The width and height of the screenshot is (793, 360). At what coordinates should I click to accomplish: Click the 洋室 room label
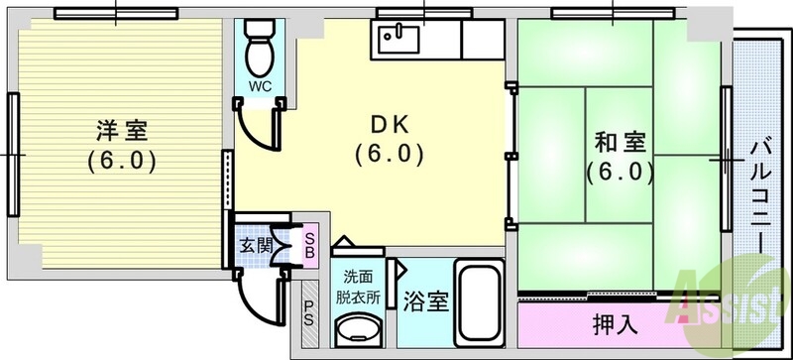pyautogui.click(x=123, y=129)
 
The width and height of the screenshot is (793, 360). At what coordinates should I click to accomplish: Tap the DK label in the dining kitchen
pyautogui.click(x=390, y=126)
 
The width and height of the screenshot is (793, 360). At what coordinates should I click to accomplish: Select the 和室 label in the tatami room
pyautogui.click(x=619, y=141)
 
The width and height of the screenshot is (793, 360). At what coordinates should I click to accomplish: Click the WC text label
pyautogui.click(x=260, y=85)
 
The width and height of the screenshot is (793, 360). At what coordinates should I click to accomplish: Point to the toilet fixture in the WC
pyautogui.click(x=260, y=45)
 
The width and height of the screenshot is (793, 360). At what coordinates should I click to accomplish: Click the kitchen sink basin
pyautogui.click(x=397, y=40)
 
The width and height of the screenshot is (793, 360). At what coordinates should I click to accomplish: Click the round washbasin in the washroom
pyautogui.click(x=358, y=330)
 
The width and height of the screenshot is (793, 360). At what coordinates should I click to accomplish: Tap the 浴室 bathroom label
pyautogui.click(x=425, y=301)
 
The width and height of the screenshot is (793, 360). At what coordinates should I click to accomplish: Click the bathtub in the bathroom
pyautogui.click(x=481, y=301)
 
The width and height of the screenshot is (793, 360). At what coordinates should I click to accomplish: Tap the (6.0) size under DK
pyautogui.click(x=390, y=155)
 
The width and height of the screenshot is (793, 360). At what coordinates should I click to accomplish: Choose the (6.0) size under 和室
pyautogui.click(x=619, y=171)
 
